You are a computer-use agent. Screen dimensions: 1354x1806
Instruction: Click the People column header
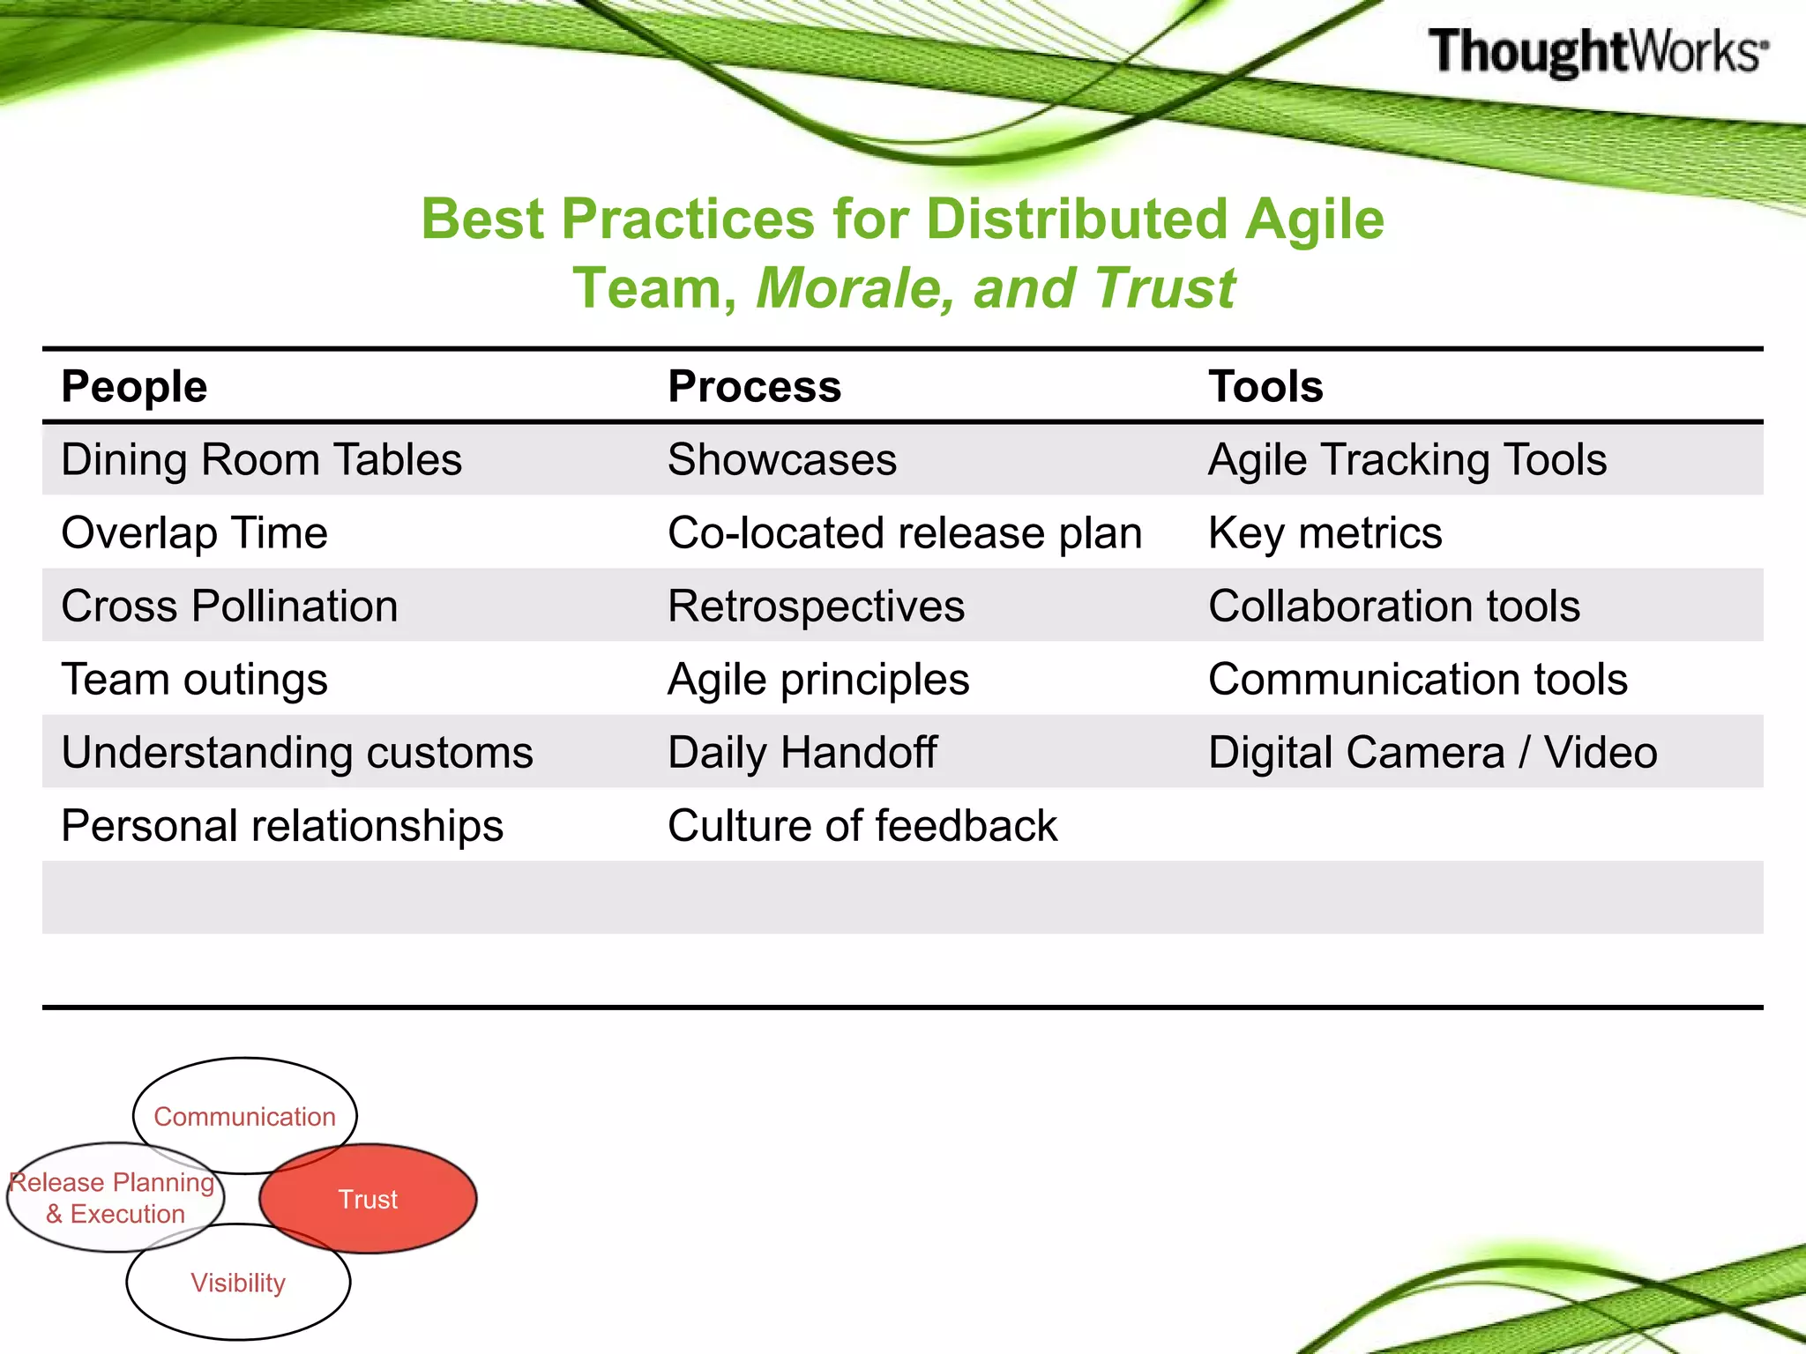[134, 386]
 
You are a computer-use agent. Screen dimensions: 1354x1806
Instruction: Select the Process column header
[754, 386]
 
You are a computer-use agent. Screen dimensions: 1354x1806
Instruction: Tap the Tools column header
[1265, 386]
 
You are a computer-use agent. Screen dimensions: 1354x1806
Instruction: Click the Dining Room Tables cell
[261, 459]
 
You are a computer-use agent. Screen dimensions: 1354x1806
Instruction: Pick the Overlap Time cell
[194, 532]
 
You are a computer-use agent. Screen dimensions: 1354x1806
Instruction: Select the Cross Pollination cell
[229, 606]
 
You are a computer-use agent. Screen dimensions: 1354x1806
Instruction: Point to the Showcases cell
[782, 459]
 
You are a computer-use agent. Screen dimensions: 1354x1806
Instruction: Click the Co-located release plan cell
[905, 532]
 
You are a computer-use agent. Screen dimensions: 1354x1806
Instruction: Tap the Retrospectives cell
[816, 606]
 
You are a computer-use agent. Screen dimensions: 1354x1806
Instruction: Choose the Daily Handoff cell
[802, 752]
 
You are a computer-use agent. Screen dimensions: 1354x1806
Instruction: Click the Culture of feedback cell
[862, 825]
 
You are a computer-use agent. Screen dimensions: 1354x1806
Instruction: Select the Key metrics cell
[1325, 532]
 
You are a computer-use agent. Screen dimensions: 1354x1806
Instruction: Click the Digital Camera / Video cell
[1432, 752]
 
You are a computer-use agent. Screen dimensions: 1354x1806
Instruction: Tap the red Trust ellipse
[369, 1199]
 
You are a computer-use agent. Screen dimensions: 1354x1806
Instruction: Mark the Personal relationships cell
[282, 825]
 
